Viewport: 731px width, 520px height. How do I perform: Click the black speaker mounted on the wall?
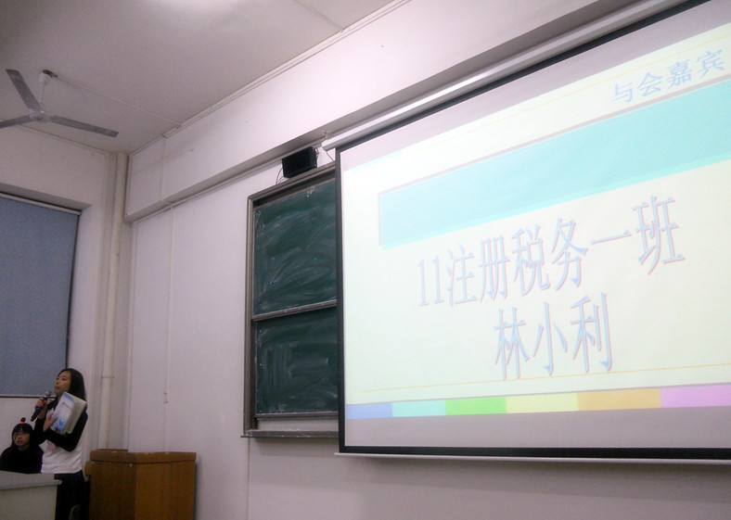coord(300,161)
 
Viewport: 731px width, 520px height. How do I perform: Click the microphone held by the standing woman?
coord(40,405)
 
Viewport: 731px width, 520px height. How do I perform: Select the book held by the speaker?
coord(68,412)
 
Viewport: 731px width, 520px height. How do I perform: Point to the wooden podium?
coord(142,485)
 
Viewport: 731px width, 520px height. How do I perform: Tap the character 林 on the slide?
coord(512,341)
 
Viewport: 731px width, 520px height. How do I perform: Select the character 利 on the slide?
coord(591,332)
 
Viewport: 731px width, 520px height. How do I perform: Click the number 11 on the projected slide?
coord(430,283)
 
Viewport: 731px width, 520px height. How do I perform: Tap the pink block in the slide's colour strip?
coord(696,396)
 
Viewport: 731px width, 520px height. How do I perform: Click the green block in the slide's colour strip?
coord(476,405)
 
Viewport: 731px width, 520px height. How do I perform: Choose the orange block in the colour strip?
coord(619,400)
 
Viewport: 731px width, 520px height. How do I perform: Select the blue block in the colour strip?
coord(369,411)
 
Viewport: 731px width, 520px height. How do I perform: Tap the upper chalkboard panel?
coord(295,246)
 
